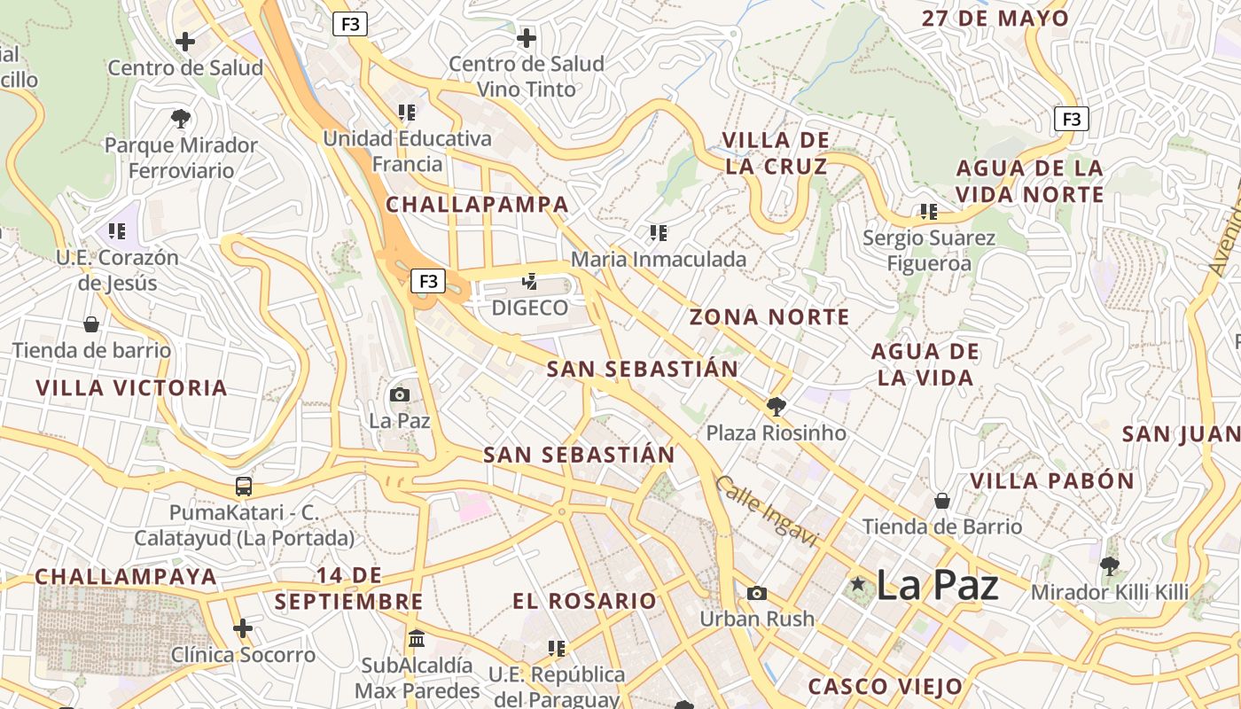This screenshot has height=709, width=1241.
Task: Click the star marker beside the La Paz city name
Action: coord(857,584)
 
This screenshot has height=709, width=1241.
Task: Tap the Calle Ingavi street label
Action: coord(764,511)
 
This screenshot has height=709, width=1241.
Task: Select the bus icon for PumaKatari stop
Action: coord(244,486)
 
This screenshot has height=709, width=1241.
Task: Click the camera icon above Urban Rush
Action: coord(756,593)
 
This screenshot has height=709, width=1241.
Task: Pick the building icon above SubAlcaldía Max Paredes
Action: coord(417,638)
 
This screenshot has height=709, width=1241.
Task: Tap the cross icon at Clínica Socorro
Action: coord(243,628)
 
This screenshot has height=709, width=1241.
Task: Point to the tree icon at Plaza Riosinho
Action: coord(776,407)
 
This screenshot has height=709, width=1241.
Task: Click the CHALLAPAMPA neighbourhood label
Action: coord(477,205)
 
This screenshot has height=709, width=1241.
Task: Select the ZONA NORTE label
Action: coord(769,317)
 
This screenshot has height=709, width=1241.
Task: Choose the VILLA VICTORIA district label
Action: coord(132,388)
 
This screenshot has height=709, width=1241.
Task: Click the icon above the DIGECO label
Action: coord(529,282)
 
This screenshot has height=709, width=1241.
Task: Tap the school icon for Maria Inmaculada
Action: coord(658,233)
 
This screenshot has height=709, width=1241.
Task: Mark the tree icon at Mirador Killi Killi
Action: coord(1108,565)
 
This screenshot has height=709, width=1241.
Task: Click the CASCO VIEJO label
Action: coord(885,687)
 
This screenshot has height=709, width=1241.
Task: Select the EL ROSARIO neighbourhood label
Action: coord(584,601)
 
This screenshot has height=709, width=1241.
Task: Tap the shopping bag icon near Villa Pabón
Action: coord(942,501)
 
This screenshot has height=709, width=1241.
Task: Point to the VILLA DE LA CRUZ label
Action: coord(776,153)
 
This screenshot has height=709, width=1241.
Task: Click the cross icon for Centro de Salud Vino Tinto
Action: coord(527,38)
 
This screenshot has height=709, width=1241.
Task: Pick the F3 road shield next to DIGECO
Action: coord(428,282)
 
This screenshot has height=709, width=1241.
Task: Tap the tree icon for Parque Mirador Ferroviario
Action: coord(181,118)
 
